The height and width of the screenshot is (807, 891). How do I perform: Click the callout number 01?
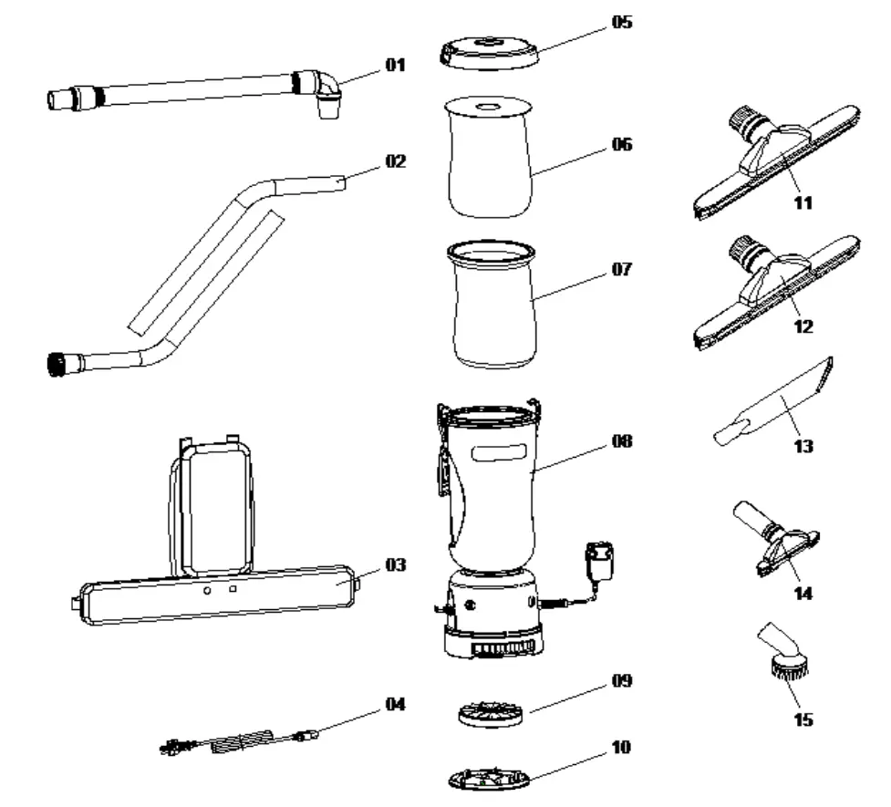point(394,65)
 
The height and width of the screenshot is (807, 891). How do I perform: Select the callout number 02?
point(395,161)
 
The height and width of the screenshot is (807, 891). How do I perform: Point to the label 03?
point(395,565)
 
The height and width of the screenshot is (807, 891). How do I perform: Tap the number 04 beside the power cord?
point(395,704)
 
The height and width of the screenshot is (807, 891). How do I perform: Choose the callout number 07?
point(621,270)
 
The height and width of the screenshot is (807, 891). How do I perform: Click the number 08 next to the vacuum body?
point(622,441)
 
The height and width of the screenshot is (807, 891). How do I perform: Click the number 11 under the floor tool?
point(803,202)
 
